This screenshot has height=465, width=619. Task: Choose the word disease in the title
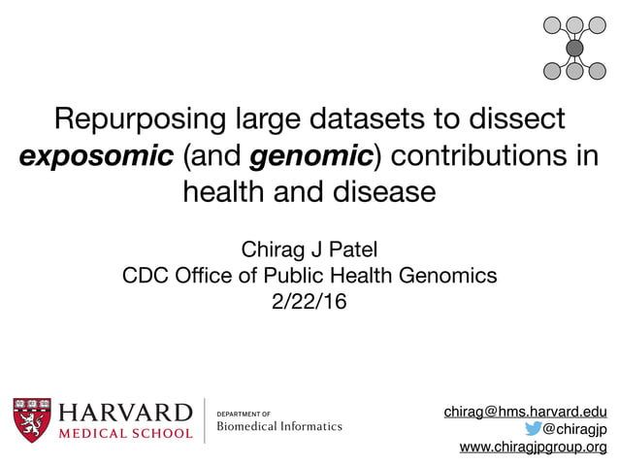[x=380, y=190]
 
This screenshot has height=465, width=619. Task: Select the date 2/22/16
[x=309, y=302]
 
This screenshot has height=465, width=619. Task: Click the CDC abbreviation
[x=147, y=276]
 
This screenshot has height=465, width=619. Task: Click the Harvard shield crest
[x=33, y=419]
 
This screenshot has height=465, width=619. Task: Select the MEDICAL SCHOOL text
[x=127, y=433]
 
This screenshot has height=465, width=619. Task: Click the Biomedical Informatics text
[x=278, y=426]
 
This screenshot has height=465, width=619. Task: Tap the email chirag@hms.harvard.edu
[x=525, y=412]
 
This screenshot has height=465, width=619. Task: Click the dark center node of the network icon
[x=574, y=48]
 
